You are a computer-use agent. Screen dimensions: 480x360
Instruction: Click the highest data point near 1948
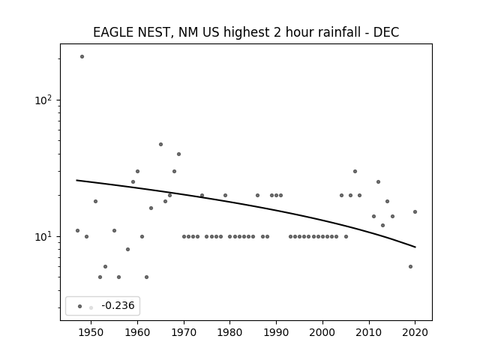82,57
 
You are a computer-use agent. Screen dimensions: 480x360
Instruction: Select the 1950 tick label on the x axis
91,332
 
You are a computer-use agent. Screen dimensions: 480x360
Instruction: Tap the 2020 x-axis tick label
415,332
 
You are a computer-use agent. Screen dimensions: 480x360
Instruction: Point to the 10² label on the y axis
43,100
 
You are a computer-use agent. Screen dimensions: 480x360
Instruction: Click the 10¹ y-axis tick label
43,236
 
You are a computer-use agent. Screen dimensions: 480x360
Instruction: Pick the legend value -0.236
118,305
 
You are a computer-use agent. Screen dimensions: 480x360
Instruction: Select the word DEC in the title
386,32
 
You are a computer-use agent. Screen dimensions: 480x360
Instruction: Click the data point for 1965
160,145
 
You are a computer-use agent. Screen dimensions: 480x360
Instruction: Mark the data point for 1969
178,154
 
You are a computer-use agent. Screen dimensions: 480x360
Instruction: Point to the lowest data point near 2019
410,267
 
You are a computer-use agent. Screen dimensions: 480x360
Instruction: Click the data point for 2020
415,211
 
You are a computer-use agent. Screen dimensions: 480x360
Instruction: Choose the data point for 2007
355,172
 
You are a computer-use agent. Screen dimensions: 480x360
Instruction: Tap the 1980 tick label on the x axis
230,332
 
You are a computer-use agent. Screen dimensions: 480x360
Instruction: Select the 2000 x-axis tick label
322,332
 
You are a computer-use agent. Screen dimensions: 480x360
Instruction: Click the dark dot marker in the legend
80,307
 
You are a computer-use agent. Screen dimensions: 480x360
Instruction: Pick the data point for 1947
77,230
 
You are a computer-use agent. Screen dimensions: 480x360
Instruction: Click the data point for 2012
378,181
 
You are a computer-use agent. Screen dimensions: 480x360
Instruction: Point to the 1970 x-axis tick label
184,332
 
